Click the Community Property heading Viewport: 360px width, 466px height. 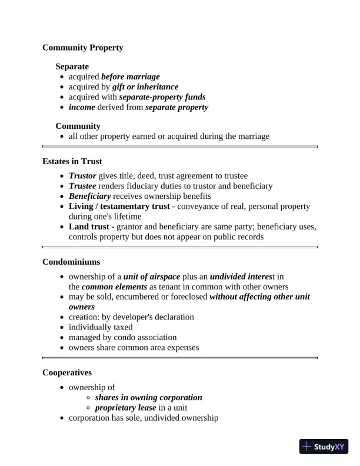click(83, 48)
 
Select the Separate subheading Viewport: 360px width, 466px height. click(72, 67)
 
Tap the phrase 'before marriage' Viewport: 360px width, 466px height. click(131, 77)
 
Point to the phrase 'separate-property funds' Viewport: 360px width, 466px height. click(162, 97)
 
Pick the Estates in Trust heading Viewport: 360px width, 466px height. click(72, 161)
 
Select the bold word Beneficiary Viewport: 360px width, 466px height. click(90, 196)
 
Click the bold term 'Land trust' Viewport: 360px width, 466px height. click(90, 227)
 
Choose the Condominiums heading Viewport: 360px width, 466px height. click(71, 261)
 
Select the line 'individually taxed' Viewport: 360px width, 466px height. click(101, 327)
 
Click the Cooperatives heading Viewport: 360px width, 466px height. click(68, 372)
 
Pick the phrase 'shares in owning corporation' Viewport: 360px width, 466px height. click(149, 398)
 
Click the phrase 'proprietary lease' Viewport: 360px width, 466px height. click(126, 408)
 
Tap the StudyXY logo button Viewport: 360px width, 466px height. click(324, 447)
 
